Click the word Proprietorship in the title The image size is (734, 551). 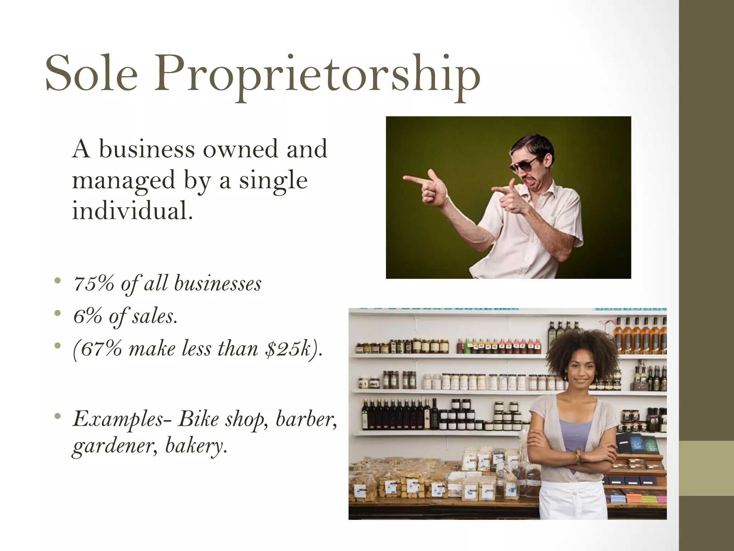click(x=317, y=77)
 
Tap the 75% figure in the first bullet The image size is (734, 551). click(x=94, y=283)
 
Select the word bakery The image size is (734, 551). click(x=196, y=446)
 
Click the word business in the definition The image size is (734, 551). click(x=147, y=149)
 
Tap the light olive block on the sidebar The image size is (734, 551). click(x=706, y=468)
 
